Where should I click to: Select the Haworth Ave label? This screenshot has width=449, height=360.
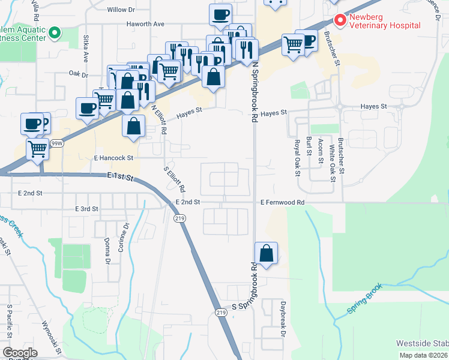145,24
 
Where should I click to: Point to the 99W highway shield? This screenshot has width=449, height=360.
57,143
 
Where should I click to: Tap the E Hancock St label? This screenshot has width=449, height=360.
113,158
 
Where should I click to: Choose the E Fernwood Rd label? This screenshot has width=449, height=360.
282,203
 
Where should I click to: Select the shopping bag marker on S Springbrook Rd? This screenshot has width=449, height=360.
267,253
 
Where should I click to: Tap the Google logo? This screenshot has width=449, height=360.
20,352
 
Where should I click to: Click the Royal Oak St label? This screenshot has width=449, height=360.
297,157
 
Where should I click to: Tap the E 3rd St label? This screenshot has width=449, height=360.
86,209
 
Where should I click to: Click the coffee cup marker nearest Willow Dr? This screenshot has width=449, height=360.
220,14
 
